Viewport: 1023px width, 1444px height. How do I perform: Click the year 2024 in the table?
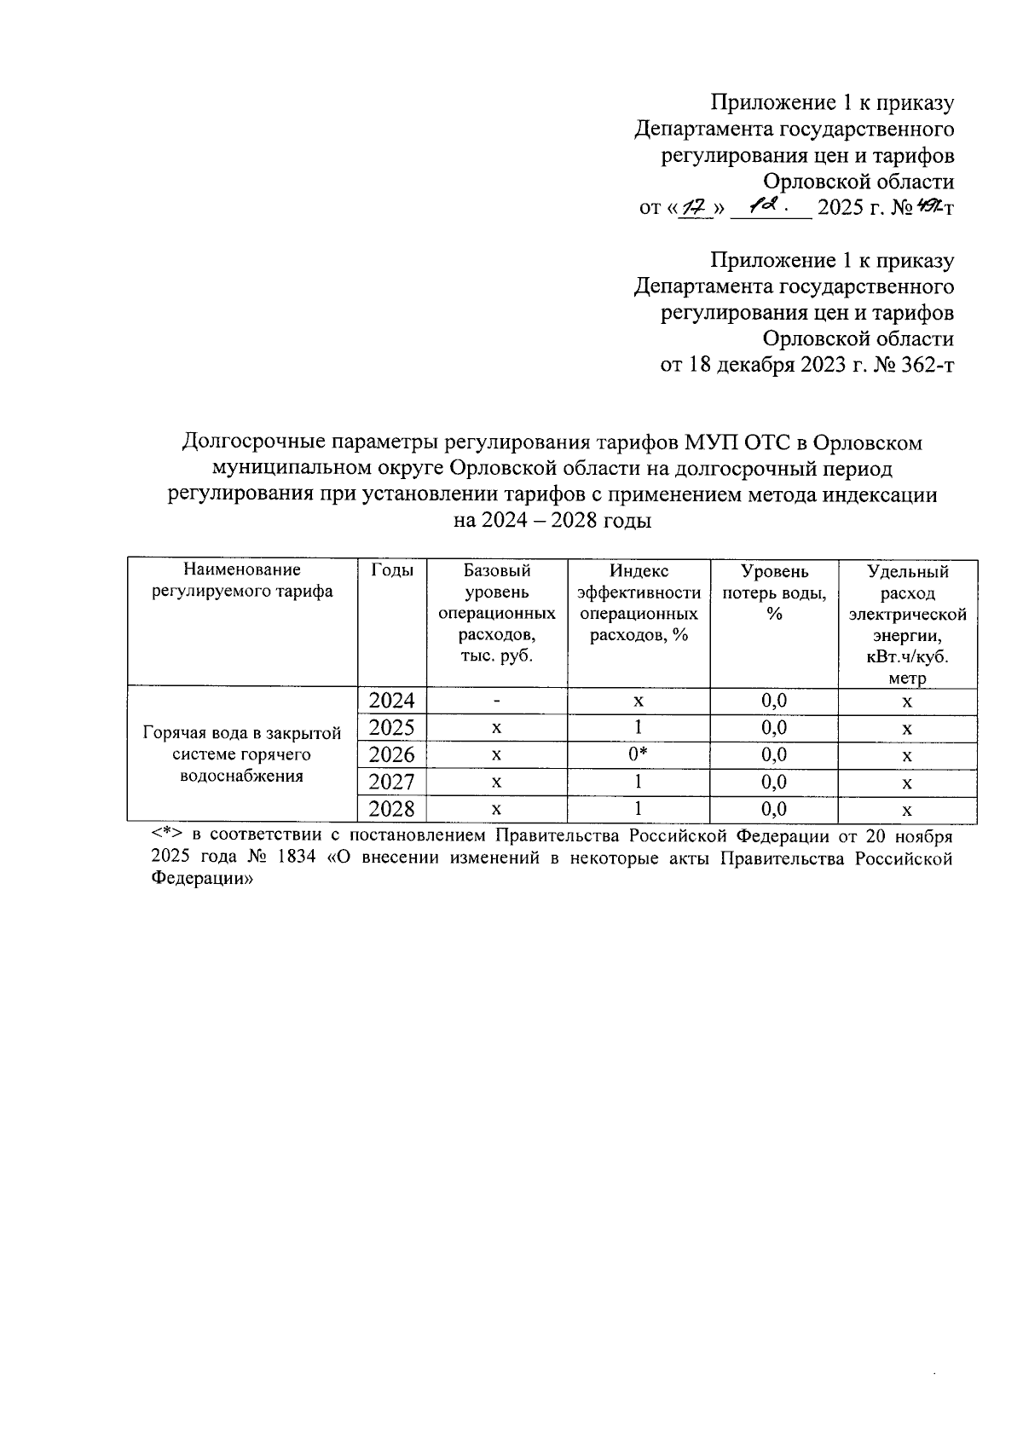pos(391,701)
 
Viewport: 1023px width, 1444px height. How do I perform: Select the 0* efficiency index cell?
pos(639,754)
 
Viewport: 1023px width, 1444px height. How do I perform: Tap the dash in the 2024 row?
pos(496,702)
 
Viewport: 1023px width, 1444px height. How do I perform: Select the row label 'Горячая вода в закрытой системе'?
pos(242,754)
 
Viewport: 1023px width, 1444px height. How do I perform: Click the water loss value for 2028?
pos(774,809)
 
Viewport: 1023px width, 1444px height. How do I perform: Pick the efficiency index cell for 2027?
pos(639,782)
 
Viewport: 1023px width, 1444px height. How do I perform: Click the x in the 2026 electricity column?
pos(907,755)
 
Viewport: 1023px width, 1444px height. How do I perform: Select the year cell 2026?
pos(391,755)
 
